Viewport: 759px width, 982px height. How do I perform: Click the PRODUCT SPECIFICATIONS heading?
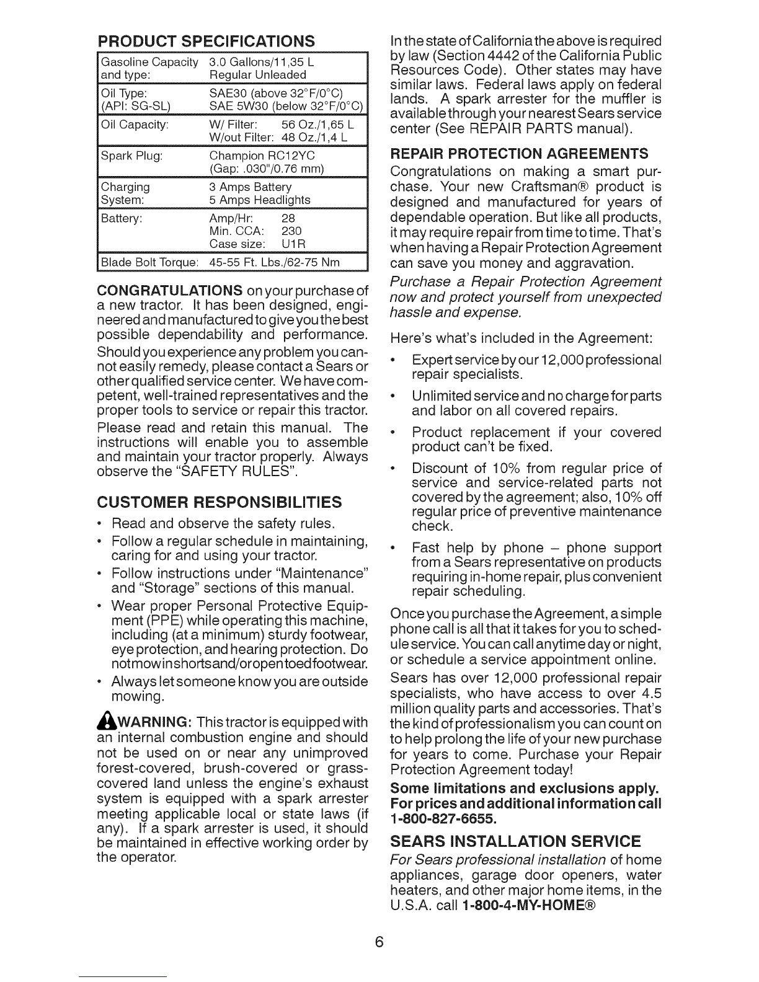pos(205,42)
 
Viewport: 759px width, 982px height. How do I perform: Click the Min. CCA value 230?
pos(291,231)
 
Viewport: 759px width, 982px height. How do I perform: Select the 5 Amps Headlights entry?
pos(260,200)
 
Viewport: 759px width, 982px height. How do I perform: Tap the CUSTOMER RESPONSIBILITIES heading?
pos(220,500)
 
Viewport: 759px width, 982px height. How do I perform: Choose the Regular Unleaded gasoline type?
pos(258,75)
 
